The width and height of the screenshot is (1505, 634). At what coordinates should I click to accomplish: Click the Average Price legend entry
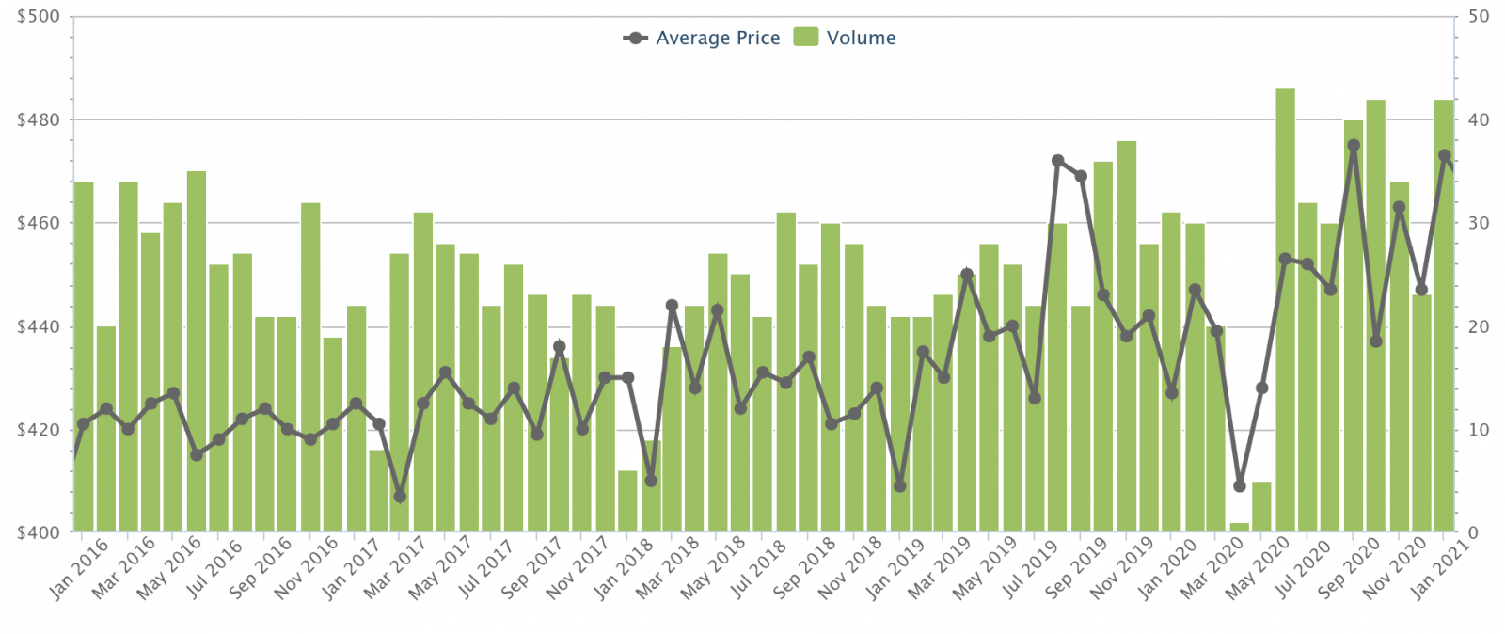click(x=702, y=39)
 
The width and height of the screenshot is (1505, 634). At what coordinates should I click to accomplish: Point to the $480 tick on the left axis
click(x=39, y=120)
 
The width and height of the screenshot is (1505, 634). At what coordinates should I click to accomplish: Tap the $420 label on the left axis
click(x=39, y=430)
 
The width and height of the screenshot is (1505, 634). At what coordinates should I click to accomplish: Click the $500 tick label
click(x=39, y=17)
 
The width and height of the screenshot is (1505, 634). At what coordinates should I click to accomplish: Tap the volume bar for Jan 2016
click(x=84, y=357)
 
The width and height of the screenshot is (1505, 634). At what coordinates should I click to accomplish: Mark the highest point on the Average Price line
click(x=1354, y=146)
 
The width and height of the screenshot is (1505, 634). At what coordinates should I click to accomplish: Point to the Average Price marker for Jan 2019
click(x=899, y=485)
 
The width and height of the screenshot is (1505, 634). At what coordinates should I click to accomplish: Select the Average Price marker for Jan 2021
click(x=1445, y=155)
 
